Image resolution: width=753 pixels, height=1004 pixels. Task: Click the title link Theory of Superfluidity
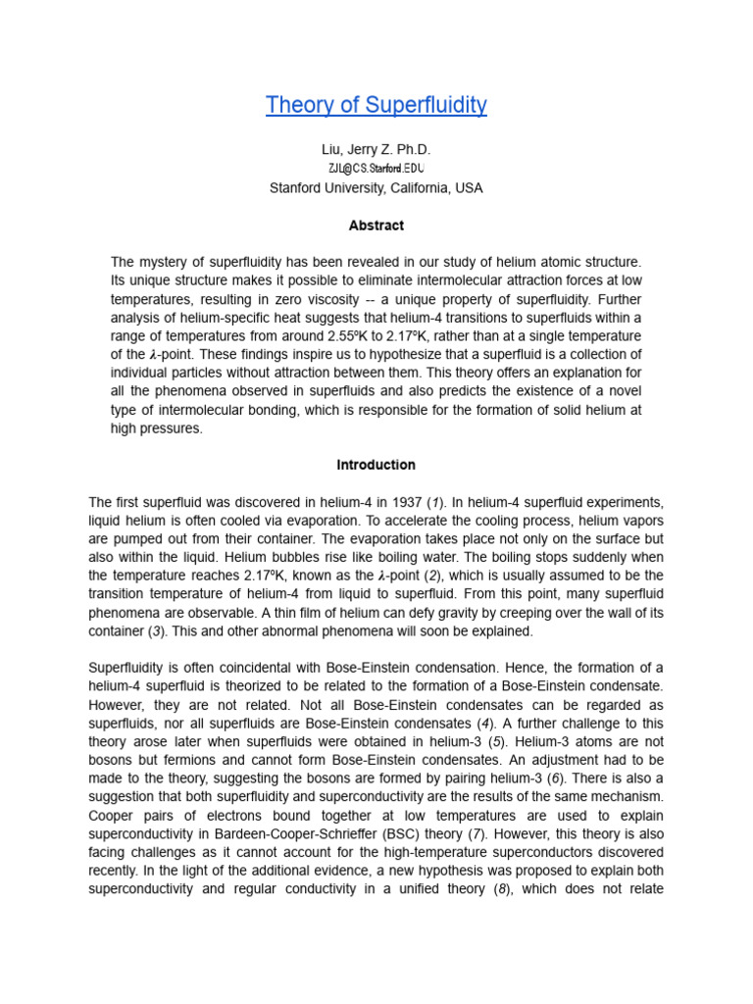click(376, 105)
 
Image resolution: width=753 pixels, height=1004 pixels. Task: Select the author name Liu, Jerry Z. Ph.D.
click(376, 149)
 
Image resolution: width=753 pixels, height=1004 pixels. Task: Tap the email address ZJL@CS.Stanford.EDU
click(376, 169)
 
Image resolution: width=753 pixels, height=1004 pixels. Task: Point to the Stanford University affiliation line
click(376, 187)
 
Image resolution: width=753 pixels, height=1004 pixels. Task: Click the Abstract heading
click(376, 226)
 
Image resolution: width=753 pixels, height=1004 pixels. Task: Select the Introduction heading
click(376, 465)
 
